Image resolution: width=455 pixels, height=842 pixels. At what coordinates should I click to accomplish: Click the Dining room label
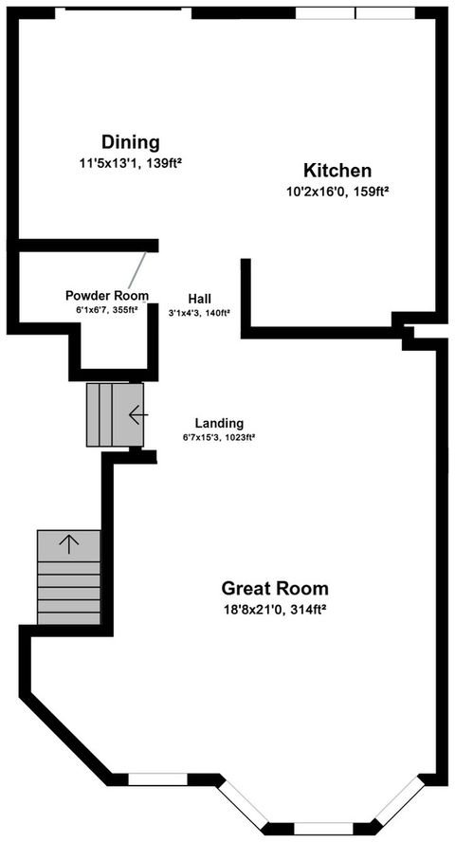click(131, 142)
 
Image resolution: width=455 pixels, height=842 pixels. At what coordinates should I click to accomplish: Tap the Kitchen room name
click(337, 171)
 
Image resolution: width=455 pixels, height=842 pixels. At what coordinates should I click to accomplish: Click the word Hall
click(199, 296)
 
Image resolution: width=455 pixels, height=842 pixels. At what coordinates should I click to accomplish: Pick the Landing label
click(219, 423)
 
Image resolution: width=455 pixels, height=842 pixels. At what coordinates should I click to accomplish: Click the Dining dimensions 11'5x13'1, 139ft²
click(131, 163)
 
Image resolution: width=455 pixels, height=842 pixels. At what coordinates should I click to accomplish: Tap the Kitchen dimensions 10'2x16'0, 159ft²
click(337, 191)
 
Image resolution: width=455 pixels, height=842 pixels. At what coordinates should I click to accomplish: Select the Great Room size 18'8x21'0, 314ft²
click(275, 609)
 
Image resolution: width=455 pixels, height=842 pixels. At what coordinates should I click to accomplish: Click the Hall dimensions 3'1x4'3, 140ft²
click(200, 311)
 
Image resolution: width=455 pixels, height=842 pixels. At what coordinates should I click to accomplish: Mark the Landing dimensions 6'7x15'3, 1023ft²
click(219, 438)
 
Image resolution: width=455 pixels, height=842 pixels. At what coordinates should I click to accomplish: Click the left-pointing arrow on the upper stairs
click(138, 414)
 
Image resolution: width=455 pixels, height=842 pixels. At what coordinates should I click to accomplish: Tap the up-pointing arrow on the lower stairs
click(69, 543)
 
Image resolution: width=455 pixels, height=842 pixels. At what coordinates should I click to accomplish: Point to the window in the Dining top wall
click(123, 9)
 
